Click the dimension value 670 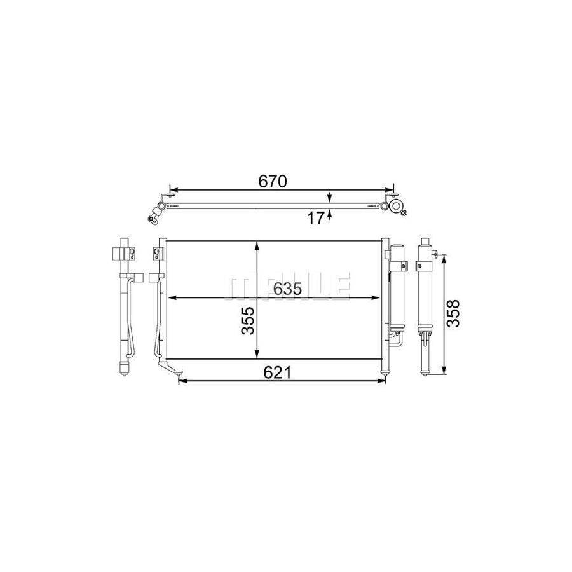pyautogui.click(x=273, y=181)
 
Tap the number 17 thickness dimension pyautogui.click(x=317, y=219)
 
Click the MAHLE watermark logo pyautogui.click(x=287, y=287)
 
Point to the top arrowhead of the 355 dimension pyautogui.click(x=256, y=245)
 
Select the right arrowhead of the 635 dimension pyautogui.click(x=375, y=297)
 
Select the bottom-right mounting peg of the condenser pyautogui.click(x=384, y=372)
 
